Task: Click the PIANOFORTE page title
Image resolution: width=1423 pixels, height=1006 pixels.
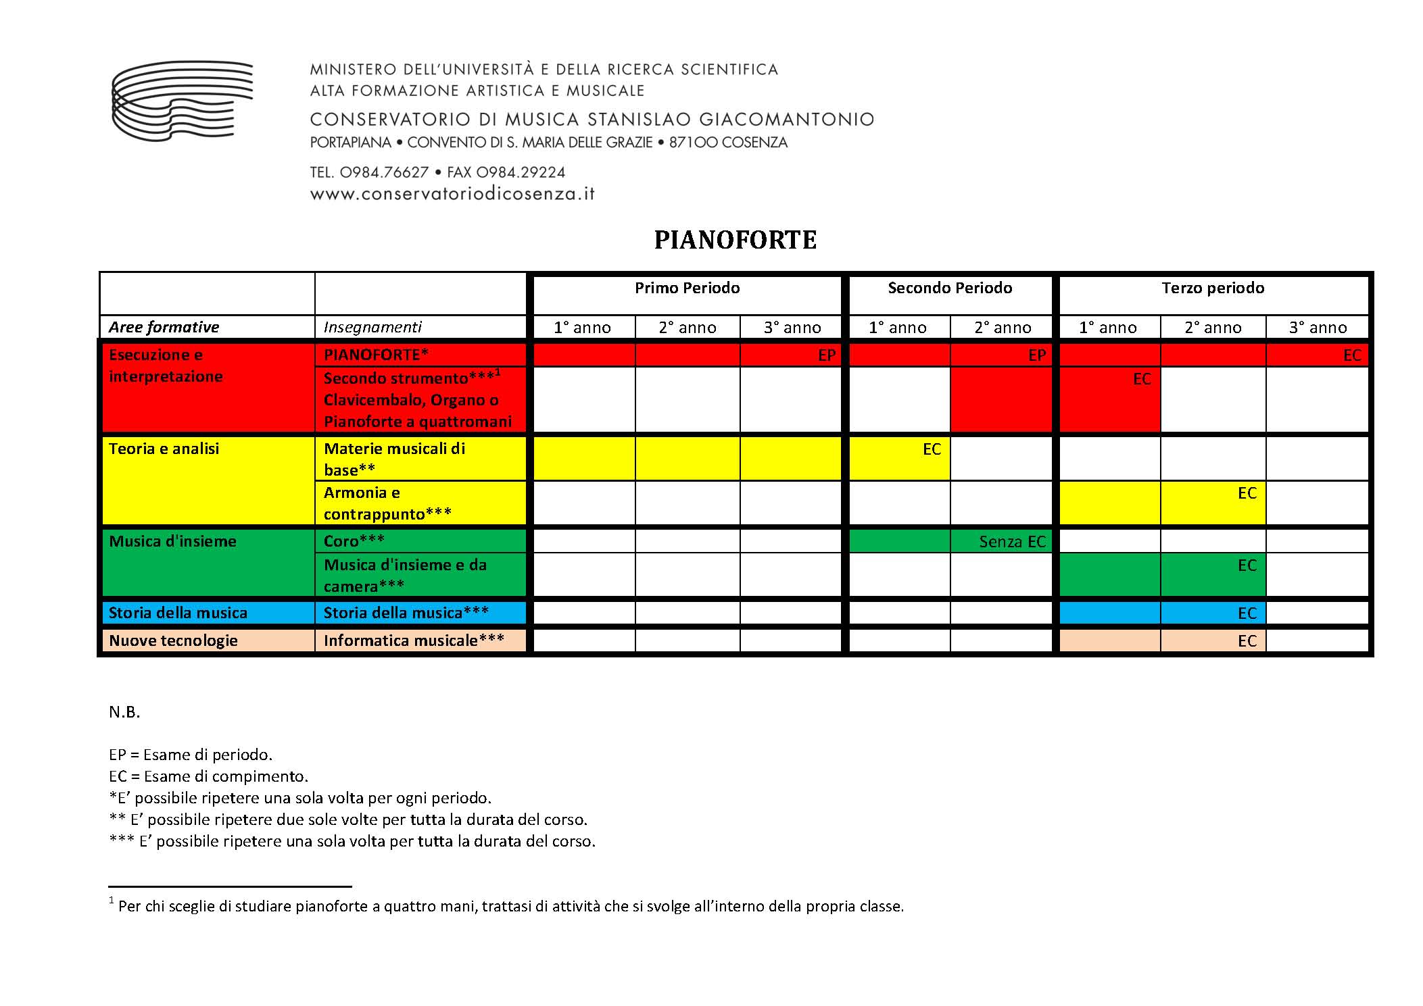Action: click(735, 240)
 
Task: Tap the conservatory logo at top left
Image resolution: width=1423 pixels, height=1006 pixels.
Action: click(182, 101)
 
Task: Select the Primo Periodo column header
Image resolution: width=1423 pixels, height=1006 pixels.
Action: click(687, 288)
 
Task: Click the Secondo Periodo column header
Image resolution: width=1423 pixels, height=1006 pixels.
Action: click(950, 288)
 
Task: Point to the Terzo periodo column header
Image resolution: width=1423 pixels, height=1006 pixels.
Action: click(1213, 288)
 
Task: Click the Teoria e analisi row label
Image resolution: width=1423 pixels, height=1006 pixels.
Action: click(164, 449)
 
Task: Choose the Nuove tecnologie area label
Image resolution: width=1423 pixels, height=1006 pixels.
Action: click(173, 640)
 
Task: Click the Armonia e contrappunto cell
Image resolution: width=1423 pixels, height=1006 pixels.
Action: click(387, 503)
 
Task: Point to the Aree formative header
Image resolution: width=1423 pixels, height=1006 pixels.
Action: click(164, 328)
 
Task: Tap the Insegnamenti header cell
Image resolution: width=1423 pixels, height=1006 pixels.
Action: click(372, 328)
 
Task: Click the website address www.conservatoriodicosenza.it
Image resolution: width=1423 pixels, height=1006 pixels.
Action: click(452, 194)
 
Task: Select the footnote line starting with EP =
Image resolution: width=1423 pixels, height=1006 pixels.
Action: click(191, 755)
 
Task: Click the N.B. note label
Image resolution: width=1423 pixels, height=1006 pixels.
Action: click(124, 712)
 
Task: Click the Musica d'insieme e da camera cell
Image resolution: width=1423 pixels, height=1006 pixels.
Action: click(405, 575)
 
